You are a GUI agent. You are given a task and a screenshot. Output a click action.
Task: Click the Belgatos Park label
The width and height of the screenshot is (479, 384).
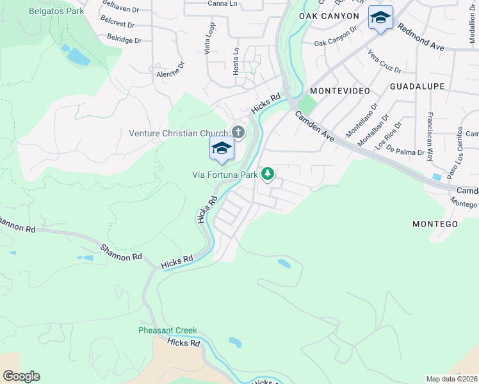56,11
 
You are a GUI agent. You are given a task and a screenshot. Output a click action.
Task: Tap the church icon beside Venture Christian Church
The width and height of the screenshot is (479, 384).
238,133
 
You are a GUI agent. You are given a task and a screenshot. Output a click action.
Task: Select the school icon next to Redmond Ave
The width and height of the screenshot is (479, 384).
380,18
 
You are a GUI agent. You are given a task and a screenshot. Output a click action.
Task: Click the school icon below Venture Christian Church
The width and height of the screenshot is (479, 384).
222,149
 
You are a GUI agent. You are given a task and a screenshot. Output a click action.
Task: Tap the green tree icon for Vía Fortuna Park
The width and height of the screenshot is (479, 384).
268,173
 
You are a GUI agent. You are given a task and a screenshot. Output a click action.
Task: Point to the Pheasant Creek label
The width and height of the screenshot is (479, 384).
168,331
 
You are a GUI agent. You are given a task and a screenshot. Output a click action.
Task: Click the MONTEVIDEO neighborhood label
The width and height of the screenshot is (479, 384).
340,91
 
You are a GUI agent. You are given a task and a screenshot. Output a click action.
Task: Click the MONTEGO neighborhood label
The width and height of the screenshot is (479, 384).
435,224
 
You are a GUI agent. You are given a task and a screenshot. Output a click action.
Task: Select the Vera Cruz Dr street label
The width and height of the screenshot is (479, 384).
384,61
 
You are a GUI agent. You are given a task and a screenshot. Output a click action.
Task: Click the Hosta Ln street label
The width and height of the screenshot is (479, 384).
236,61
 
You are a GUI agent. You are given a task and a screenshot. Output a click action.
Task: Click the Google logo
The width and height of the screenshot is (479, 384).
21,376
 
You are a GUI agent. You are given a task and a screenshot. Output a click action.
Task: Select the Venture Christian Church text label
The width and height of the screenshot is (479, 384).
178,133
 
